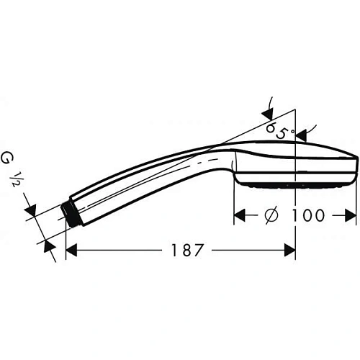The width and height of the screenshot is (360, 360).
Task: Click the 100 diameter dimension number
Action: coord(305,215)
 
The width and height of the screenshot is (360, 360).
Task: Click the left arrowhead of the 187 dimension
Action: coord(72,250)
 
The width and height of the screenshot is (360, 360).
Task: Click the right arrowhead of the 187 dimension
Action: coord(289,250)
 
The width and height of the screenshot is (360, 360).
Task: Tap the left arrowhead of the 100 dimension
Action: coord(241,215)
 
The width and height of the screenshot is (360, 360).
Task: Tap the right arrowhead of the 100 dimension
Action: coord(351,215)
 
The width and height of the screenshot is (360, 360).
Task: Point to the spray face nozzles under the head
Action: coord(295,185)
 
